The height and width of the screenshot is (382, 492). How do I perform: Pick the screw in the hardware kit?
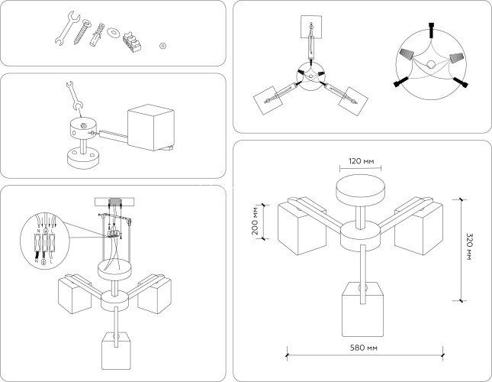pyautogui.click(x=82, y=31)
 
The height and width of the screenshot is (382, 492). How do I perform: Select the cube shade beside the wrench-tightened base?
pyautogui.click(x=150, y=128)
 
